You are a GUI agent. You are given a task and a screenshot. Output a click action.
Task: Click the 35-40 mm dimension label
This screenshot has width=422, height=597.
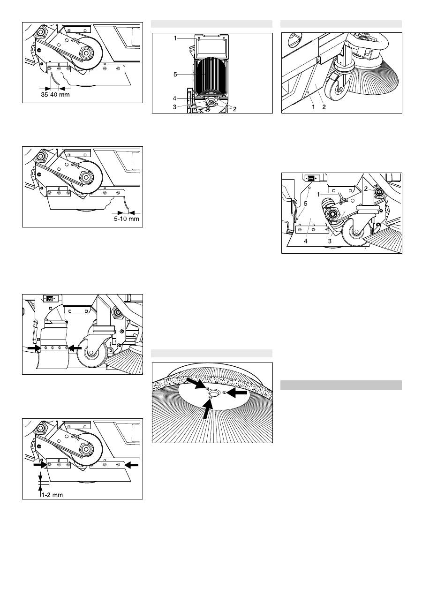pos(55,95)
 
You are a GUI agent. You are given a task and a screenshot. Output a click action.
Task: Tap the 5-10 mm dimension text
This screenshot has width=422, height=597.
pos(127,219)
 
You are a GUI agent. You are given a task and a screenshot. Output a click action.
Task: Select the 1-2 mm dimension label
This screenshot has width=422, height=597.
pos(52,495)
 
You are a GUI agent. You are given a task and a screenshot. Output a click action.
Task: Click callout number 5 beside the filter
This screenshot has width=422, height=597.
pos(175,75)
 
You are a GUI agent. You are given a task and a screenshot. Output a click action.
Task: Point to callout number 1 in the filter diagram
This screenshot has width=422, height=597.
pos(175,38)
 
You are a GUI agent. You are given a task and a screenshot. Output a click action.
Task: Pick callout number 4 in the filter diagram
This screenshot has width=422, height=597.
pos(175,98)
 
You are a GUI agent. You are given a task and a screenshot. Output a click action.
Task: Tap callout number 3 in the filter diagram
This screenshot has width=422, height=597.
pos(175,107)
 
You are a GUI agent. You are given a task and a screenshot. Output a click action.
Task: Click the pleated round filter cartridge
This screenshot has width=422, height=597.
pos(211,77)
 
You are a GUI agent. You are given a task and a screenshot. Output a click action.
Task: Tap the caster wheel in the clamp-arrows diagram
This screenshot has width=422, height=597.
pos(92,354)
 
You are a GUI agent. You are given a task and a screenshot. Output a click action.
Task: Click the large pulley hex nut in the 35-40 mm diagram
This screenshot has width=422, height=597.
pos(86,53)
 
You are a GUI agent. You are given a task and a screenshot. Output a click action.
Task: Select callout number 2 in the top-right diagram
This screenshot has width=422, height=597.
pos(324,107)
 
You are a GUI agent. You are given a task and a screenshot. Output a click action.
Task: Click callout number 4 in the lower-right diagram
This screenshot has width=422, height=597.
pos(306,241)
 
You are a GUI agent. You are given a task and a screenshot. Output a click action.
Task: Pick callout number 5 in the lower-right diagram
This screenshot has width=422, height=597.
pos(306,204)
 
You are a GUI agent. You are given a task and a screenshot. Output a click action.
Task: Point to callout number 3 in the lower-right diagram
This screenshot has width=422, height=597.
pos(330,241)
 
